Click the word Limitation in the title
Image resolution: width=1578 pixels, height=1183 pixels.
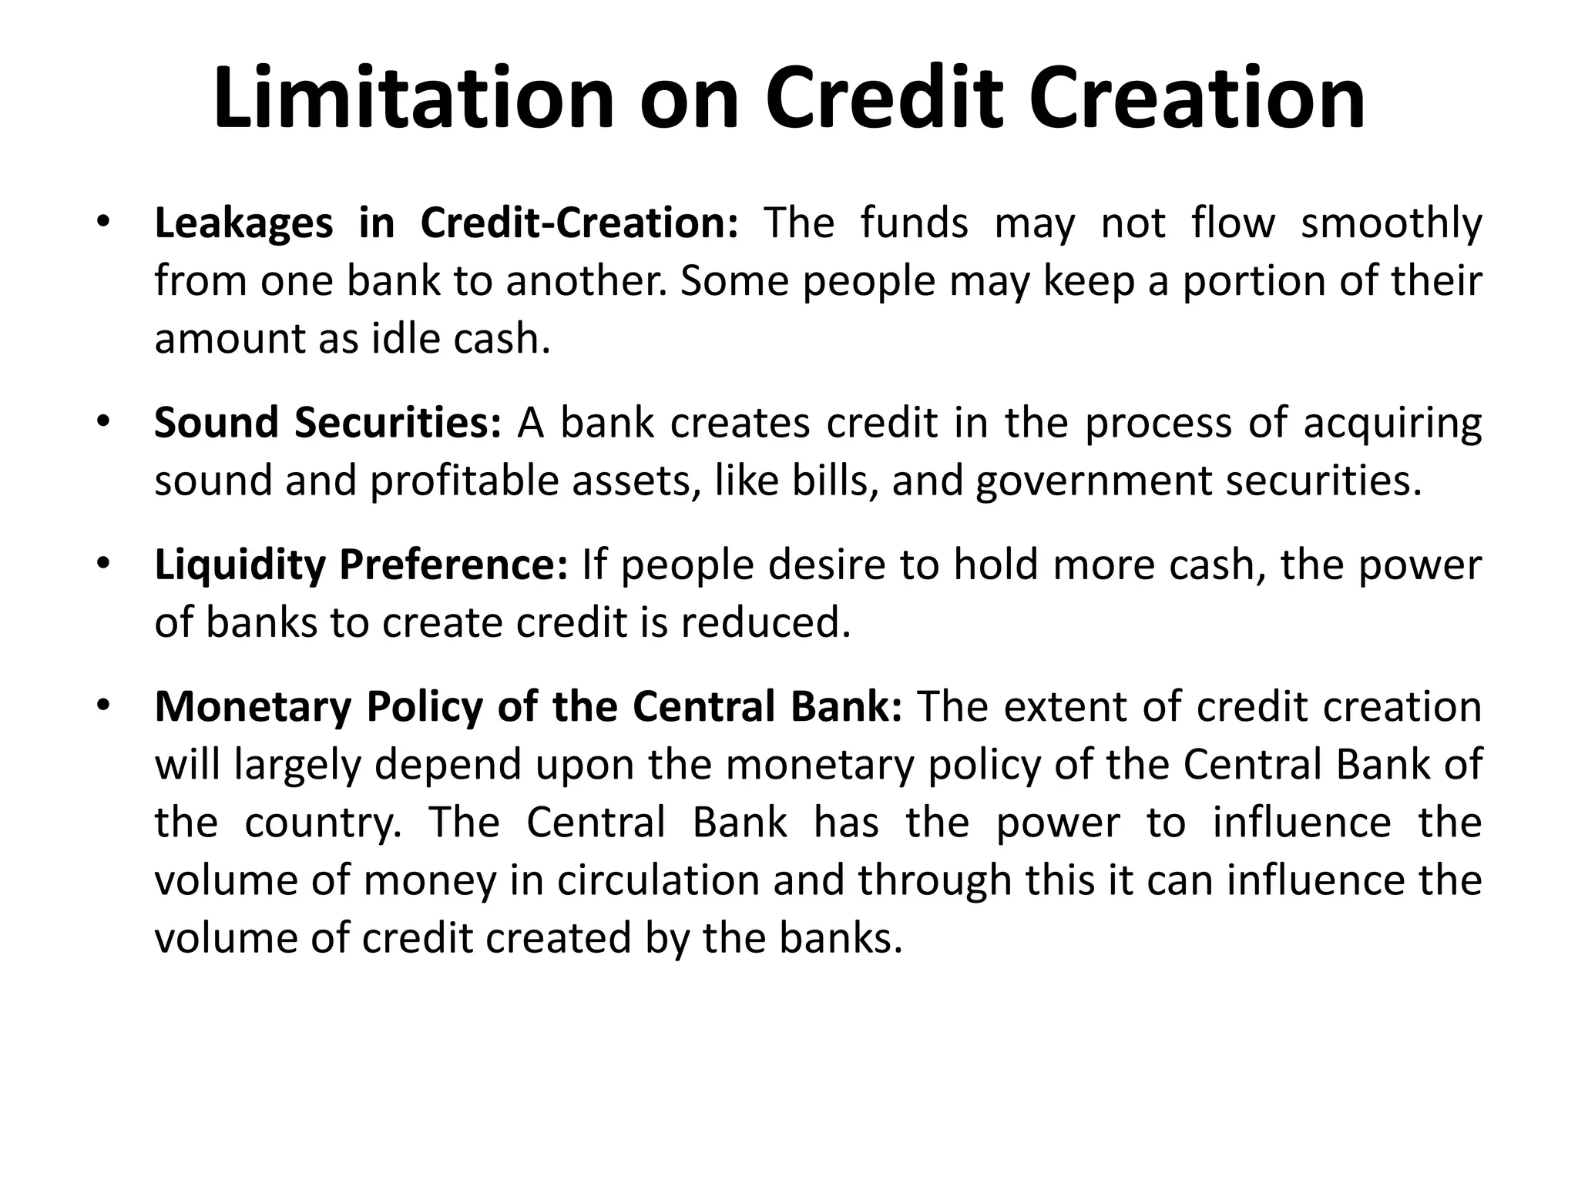coord(414,99)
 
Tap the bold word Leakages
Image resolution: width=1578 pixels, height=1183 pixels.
coord(243,223)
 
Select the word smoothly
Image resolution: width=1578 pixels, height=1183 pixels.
coord(1391,225)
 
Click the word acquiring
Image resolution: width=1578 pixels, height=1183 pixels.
coord(1392,425)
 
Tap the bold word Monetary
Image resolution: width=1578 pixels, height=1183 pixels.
coord(253,708)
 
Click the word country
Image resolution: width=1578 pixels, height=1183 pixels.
coord(323,823)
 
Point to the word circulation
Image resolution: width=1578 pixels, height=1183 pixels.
coord(658,880)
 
